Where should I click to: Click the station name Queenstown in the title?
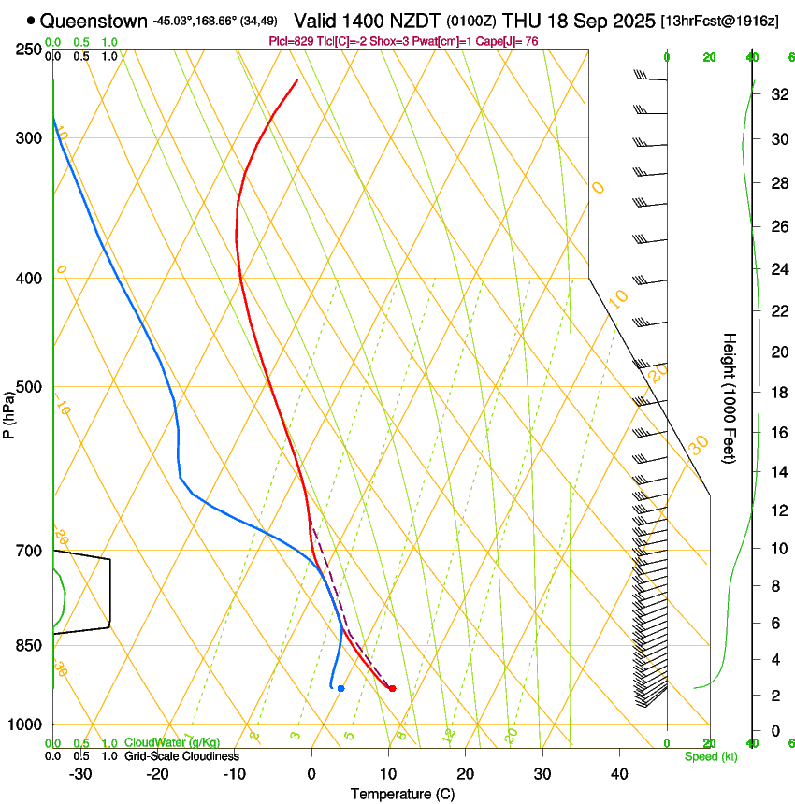click(94, 20)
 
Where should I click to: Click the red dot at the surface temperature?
click(392, 688)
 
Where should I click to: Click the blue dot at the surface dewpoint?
click(340, 688)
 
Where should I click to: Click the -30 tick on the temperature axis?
click(80, 774)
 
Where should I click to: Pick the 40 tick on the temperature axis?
click(619, 774)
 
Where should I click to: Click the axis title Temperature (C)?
click(402, 794)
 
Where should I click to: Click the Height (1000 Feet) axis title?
click(730, 397)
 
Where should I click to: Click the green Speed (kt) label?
click(710, 756)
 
